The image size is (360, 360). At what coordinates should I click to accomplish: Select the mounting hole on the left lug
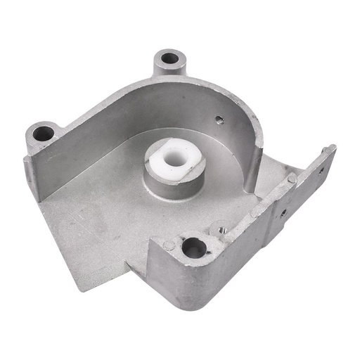tap(43, 132)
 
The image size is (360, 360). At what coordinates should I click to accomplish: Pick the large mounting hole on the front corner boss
tap(193, 247)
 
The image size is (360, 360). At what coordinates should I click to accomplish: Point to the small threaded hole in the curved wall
tap(219, 120)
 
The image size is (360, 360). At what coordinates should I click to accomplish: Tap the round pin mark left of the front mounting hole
tap(169, 245)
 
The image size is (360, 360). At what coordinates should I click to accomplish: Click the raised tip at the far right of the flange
tap(330, 150)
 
